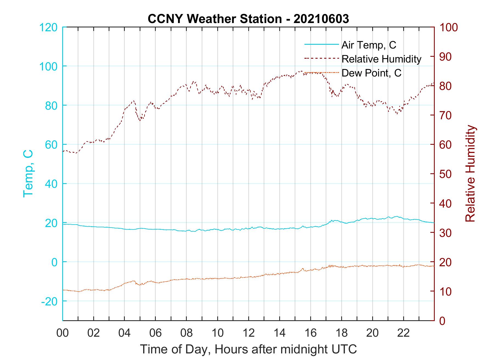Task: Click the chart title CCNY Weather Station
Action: (x=248, y=19)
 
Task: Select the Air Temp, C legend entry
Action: (x=369, y=45)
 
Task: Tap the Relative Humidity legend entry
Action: (x=381, y=59)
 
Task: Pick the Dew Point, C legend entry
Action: (x=371, y=73)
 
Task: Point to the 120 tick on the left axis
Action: (x=49, y=27)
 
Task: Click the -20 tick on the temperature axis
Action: (x=49, y=301)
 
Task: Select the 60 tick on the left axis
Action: (x=51, y=144)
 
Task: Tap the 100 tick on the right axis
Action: (x=449, y=27)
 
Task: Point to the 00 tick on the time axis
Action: (x=63, y=333)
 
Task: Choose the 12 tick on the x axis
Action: (x=249, y=333)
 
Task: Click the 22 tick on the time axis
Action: (x=403, y=333)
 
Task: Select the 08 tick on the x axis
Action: (x=187, y=333)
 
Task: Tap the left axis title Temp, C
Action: (x=28, y=174)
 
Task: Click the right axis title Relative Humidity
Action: (x=470, y=174)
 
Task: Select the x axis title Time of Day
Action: (x=249, y=350)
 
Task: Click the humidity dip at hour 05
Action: (x=140, y=120)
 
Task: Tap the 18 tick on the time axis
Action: (x=341, y=333)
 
